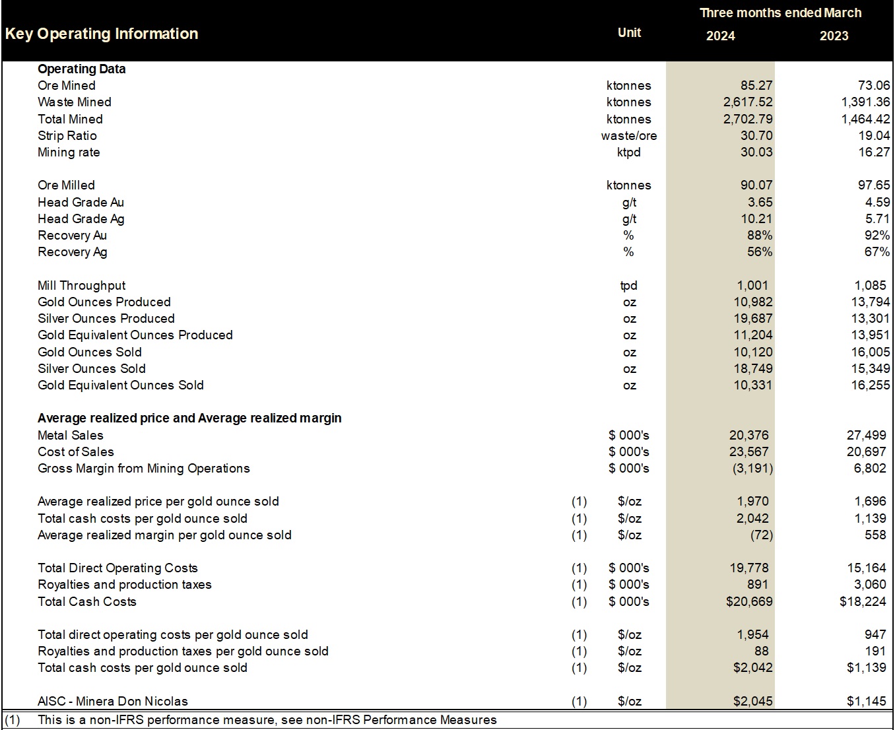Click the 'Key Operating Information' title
click(x=102, y=34)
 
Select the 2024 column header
click(x=720, y=36)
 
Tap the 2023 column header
click(x=834, y=36)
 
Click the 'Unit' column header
click(x=629, y=32)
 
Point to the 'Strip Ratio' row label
click(x=67, y=135)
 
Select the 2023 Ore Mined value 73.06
click(x=873, y=85)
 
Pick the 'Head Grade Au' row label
click(x=81, y=202)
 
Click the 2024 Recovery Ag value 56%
click(x=759, y=252)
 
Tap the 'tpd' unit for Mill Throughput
click(x=628, y=285)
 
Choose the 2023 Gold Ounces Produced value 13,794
click(x=870, y=302)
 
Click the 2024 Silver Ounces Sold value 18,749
click(x=752, y=368)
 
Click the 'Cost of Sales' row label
click(x=76, y=451)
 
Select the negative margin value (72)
click(x=761, y=535)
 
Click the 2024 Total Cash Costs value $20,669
click(x=749, y=601)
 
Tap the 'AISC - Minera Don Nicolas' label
click(x=113, y=701)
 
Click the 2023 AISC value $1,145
click(x=866, y=701)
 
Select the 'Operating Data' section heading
click(x=81, y=69)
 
